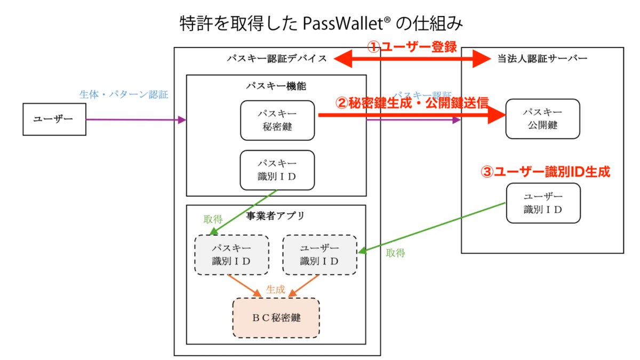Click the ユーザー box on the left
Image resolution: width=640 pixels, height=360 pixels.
[x=54, y=119]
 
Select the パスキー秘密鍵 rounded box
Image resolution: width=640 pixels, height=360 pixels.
[x=277, y=121]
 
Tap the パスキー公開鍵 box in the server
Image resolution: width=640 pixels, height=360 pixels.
[x=543, y=119]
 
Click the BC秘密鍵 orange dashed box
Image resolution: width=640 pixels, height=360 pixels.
[x=276, y=318]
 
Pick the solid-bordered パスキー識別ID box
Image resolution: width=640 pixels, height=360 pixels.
[x=277, y=170]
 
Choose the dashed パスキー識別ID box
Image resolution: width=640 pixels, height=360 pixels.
[x=231, y=255]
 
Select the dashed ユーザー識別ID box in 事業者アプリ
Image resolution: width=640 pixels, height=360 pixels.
[x=319, y=255]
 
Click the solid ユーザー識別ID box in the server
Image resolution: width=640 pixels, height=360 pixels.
[x=543, y=203]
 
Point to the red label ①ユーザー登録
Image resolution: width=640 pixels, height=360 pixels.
[x=413, y=47]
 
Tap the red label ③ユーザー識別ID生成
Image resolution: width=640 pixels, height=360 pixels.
[x=545, y=172]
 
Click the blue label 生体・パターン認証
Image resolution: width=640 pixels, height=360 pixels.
[x=124, y=95]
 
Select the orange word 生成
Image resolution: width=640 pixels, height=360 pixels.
[x=275, y=291]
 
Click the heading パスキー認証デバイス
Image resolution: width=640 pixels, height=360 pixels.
[x=276, y=59]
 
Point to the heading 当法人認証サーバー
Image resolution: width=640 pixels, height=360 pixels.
[x=542, y=59]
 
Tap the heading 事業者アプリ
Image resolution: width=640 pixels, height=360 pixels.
[x=275, y=216]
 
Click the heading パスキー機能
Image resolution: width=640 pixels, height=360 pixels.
[x=276, y=85]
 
